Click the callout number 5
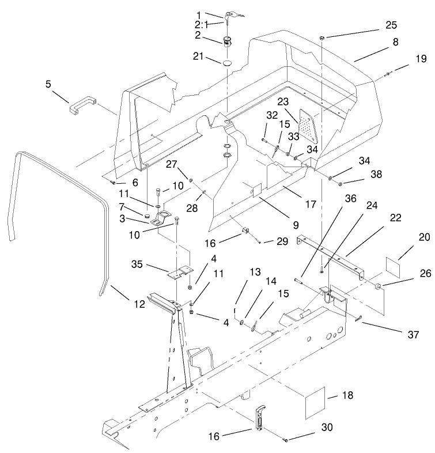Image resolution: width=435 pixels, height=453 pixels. [48, 84]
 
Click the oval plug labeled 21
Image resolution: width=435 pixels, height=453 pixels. [228, 62]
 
